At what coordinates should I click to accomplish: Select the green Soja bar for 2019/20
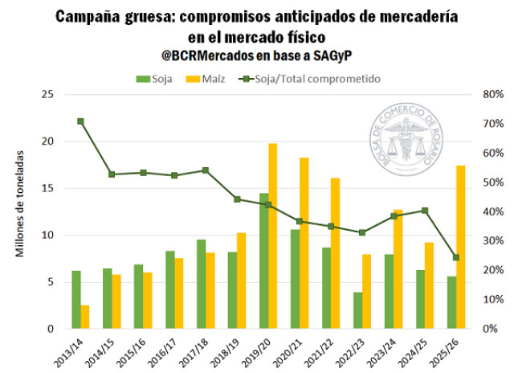(x=263, y=261)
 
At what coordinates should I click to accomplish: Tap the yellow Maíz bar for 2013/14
(x=85, y=317)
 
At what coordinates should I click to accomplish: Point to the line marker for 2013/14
(x=80, y=121)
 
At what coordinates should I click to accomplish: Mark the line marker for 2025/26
(x=456, y=258)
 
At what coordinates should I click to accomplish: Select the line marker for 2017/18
(x=206, y=170)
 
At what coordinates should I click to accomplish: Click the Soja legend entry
(x=153, y=79)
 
